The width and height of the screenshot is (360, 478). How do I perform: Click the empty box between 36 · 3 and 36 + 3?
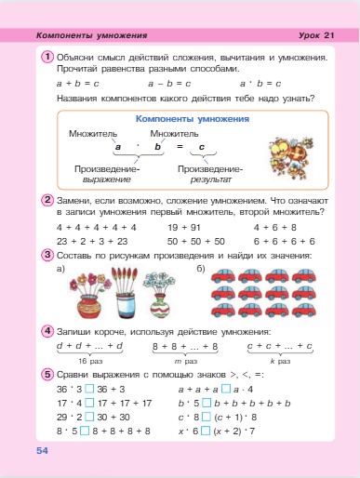tap(82, 389)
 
